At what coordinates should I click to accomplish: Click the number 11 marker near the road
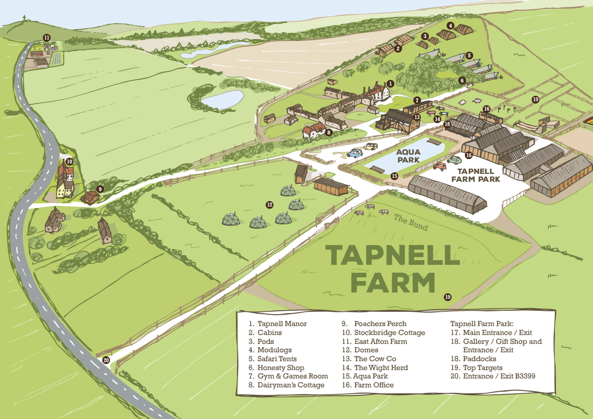tap(46, 38)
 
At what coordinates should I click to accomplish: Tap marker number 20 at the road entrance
tap(106, 360)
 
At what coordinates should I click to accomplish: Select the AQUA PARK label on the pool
tap(408, 156)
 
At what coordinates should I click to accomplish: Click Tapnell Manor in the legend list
tap(282, 324)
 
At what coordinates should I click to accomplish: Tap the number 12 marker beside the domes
tap(270, 204)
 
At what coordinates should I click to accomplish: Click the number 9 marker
tap(100, 189)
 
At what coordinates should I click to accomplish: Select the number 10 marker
tap(69, 161)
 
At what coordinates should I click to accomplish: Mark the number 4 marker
tap(450, 26)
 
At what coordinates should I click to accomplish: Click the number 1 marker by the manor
tap(390, 84)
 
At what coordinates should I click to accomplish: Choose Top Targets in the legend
tap(482, 368)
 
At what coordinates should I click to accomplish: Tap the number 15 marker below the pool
tap(394, 176)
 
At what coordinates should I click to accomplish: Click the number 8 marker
tap(328, 132)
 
